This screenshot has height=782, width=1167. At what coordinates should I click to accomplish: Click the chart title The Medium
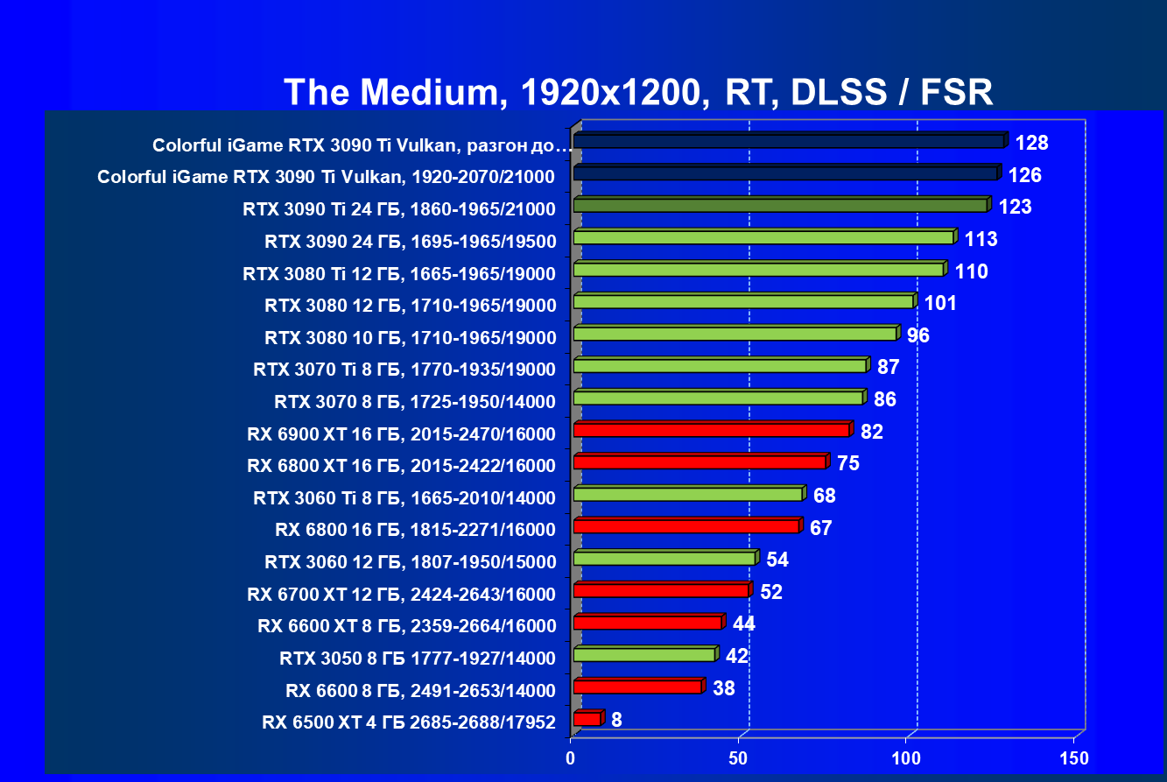638,91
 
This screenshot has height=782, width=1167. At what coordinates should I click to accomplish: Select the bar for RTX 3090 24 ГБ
763,237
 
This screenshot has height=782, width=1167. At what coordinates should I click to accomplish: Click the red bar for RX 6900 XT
711,430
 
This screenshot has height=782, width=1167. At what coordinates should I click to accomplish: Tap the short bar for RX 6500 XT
587,719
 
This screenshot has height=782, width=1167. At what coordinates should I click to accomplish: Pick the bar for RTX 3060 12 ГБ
664,559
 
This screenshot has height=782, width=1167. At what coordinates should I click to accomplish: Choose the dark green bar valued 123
779,206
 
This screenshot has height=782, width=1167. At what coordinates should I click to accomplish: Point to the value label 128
1031,144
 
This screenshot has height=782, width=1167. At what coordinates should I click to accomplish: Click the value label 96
917,336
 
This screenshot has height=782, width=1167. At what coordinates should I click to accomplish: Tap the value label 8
616,721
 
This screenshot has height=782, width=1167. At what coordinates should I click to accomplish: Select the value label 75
847,463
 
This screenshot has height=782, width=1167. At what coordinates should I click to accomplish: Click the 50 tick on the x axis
739,757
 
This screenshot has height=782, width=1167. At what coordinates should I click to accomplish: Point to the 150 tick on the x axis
1074,757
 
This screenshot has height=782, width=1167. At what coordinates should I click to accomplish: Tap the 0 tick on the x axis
571,757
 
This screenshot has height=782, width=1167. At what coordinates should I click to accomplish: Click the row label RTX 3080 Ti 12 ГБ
399,274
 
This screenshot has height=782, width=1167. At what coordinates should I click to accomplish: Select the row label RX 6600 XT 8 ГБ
407,626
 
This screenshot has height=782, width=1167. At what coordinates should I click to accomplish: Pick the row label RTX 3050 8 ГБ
418,659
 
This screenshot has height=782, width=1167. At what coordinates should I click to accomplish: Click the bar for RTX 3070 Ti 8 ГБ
720,366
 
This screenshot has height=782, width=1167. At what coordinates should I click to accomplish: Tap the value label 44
743,624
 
